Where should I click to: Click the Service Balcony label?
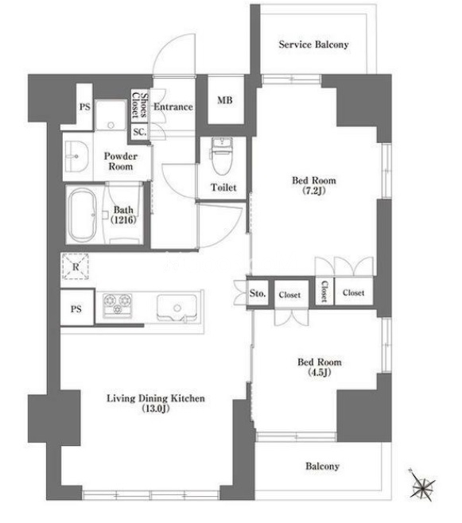(x=313, y=45)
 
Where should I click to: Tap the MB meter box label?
(x=225, y=99)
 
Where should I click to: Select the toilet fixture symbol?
(x=222, y=156)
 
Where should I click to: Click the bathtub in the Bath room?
(x=83, y=215)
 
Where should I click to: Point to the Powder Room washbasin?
(x=76, y=156)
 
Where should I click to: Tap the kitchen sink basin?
(x=177, y=308)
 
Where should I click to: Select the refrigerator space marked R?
(x=76, y=266)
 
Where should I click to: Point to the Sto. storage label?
(x=258, y=293)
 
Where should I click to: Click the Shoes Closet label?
(x=139, y=105)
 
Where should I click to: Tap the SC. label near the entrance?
(x=140, y=132)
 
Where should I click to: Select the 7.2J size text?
(x=314, y=191)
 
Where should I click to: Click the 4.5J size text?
(x=319, y=372)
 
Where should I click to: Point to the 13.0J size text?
(x=156, y=409)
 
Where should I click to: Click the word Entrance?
(x=173, y=107)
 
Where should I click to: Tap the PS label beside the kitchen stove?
(x=76, y=309)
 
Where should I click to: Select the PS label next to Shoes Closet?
(x=85, y=107)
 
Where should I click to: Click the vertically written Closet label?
(x=324, y=291)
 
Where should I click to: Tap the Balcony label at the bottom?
(x=323, y=466)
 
